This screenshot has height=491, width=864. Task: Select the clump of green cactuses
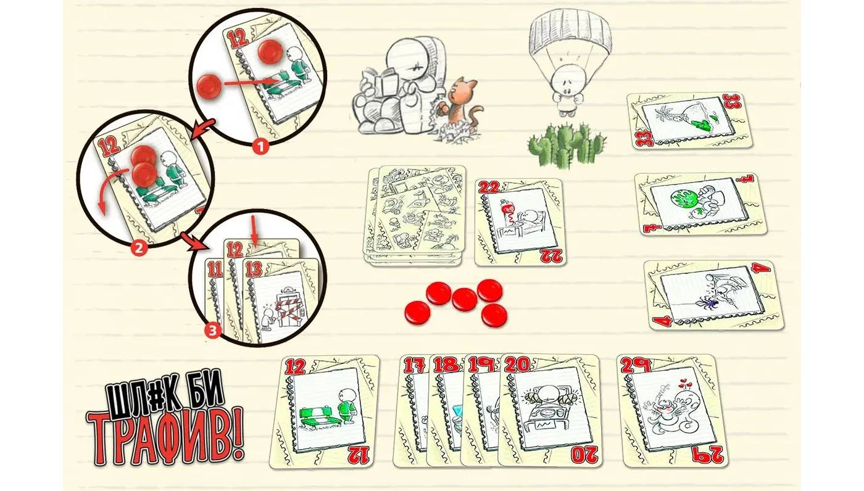567,145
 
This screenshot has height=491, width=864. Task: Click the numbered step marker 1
260,146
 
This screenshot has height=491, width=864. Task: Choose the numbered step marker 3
212,330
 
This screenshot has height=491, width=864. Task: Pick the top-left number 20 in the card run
517,365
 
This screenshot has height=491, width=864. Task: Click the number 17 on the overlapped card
414,365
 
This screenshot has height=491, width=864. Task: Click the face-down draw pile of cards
415,216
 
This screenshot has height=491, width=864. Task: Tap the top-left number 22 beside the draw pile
489,188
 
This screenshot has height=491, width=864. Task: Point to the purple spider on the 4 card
708,303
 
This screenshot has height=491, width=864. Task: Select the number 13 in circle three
254,270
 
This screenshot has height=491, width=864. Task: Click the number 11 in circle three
215,270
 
